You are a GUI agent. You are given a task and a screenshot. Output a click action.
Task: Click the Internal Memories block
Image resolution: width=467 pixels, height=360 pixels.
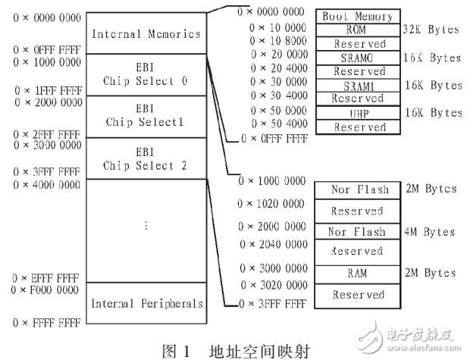(146, 34)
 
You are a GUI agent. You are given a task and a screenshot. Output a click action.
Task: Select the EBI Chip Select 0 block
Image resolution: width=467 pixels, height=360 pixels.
(146, 74)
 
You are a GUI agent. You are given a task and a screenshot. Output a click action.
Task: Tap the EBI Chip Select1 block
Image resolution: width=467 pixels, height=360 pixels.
(146, 116)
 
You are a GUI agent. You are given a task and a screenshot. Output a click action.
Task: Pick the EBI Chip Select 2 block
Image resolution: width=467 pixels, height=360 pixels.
(146, 158)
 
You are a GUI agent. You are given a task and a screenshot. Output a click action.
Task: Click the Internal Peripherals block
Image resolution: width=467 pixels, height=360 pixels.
(146, 303)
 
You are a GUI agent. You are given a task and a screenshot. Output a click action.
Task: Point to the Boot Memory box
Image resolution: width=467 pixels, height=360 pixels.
(358, 16)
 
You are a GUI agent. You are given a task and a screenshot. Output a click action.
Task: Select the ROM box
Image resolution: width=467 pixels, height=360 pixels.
(358, 30)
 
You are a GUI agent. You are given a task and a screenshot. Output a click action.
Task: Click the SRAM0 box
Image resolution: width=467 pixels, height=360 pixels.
(358, 58)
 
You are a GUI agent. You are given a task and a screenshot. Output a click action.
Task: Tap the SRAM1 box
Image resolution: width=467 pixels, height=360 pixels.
(358, 85)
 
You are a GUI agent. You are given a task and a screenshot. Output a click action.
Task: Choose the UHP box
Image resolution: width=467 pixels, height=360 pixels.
(358, 113)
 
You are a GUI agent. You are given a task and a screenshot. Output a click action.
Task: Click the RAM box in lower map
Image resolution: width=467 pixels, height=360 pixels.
(358, 272)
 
